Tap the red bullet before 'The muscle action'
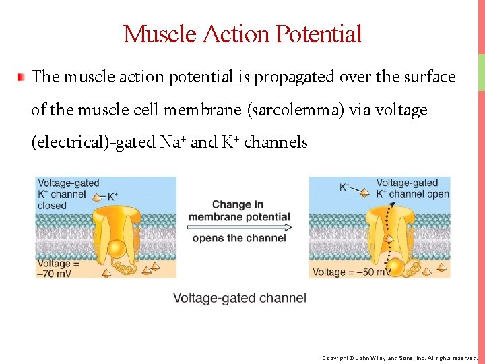point(22,77)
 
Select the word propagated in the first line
point(296,77)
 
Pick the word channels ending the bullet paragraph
point(276,142)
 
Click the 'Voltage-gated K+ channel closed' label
point(68,193)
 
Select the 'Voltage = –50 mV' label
point(352,272)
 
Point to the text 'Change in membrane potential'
point(239,210)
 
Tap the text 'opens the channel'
point(239,238)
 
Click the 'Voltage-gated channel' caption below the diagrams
point(239,298)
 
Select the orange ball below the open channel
point(397,268)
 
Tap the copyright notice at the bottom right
point(399,357)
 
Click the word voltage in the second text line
point(397,110)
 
